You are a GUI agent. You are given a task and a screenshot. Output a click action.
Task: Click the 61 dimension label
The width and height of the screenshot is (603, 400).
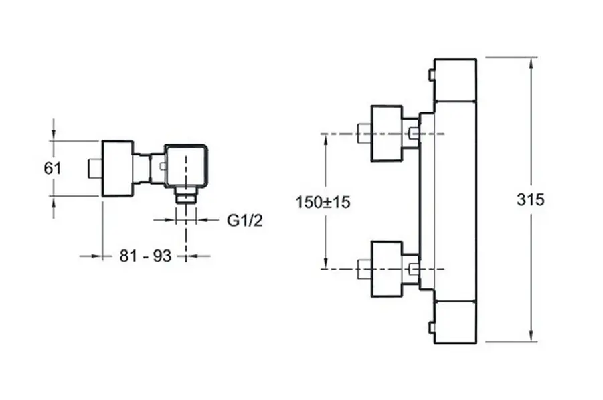pos(52,169)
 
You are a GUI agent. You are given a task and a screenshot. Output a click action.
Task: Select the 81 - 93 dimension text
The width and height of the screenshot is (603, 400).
pos(145,256)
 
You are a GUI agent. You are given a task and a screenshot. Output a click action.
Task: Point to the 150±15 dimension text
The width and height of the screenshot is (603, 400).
pos(323,201)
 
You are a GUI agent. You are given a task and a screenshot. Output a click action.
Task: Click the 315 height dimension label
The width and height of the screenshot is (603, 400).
pos(531,199)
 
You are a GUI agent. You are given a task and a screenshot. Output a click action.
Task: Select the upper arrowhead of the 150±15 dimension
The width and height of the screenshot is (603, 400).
pos(325,138)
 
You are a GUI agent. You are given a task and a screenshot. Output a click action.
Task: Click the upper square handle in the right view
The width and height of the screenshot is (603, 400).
pos(386,133)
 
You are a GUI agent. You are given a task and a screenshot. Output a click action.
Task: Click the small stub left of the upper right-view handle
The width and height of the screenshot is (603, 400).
pos(364,133)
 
